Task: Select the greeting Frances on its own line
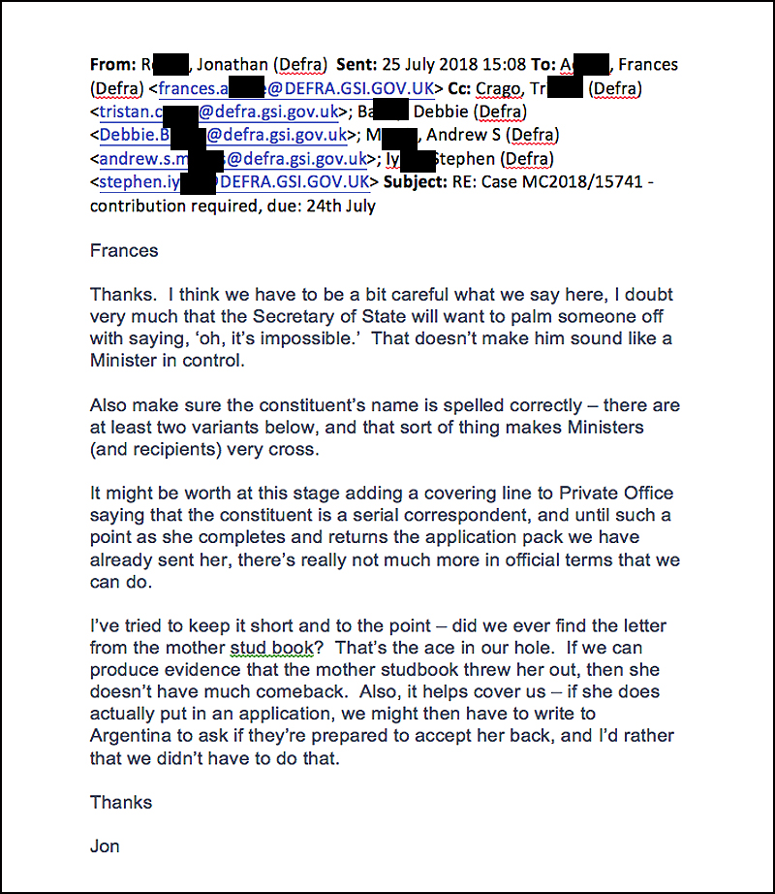pyautogui.click(x=124, y=250)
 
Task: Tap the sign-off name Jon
pyautogui.click(x=105, y=846)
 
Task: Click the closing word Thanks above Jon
pyautogui.click(x=121, y=802)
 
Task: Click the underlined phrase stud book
pyautogui.click(x=270, y=648)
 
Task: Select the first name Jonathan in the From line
pyautogui.click(x=230, y=65)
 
